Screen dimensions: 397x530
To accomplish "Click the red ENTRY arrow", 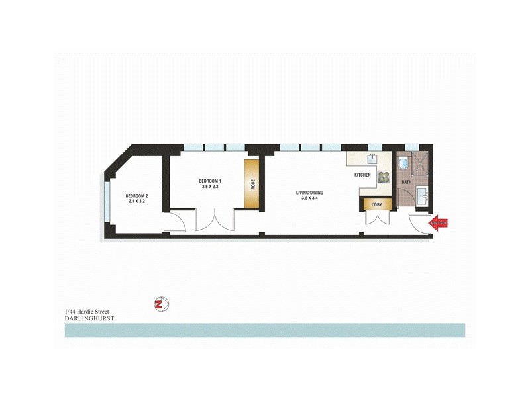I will pos(439,223).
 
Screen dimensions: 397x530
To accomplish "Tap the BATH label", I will pos(406,181).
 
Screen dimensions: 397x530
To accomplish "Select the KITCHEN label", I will pos(362,175).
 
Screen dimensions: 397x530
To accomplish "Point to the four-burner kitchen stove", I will pos(384,176).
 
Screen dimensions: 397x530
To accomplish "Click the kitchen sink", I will pos(371,159).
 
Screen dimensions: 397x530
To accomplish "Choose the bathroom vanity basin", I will pos(424,195).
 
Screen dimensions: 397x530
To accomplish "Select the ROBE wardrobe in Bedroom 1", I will pos(252,184).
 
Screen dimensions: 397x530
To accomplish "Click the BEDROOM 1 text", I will pos(210,181).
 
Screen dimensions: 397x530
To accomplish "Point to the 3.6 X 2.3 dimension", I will pos(210,188).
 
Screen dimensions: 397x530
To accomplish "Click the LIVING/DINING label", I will pos(314,193).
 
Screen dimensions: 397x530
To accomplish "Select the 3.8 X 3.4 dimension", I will pos(314,199).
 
